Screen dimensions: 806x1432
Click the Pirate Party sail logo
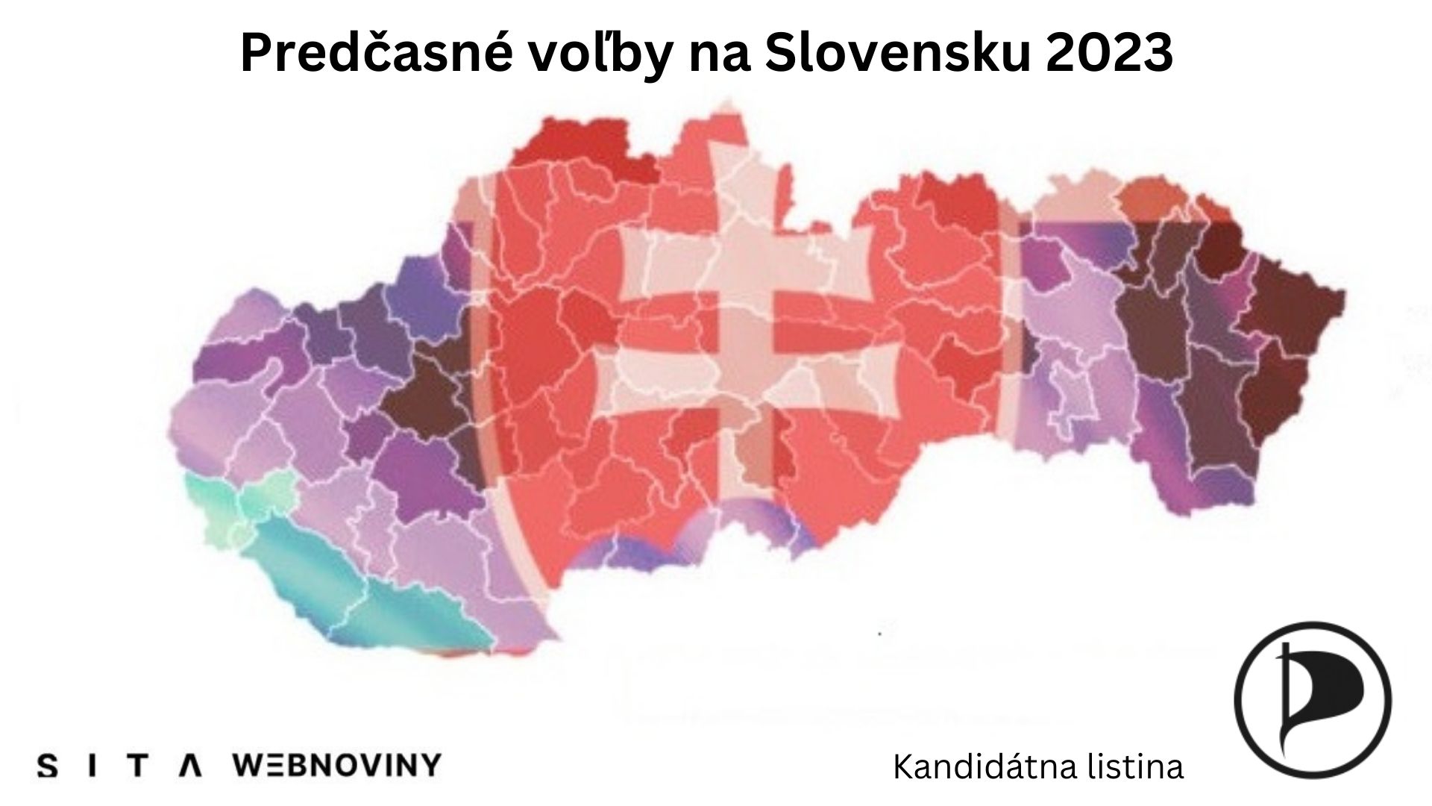[1312, 700]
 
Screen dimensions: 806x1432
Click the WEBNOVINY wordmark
[337, 765]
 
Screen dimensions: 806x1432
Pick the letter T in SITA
[136, 766]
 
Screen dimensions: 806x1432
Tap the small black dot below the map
[881, 634]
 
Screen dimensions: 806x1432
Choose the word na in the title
[720, 54]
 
